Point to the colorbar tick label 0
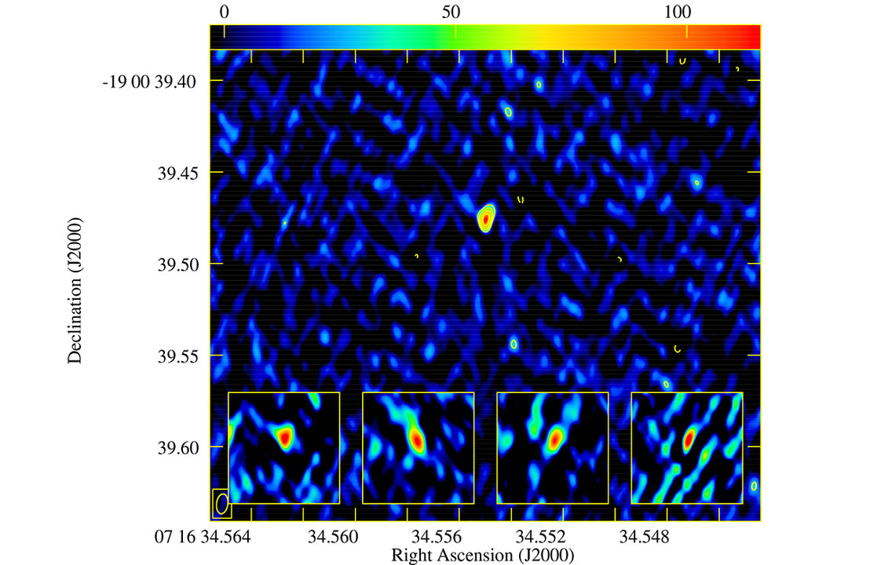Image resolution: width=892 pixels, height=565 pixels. coord(225,12)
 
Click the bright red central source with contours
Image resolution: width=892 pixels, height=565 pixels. coord(486,219)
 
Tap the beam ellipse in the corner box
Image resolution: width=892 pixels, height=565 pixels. coord(222,504)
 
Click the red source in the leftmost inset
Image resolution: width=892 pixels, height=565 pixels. coord(285,435)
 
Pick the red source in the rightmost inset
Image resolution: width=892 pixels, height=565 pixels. coord(689,440)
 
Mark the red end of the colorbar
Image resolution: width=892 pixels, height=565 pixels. coord(750,36)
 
